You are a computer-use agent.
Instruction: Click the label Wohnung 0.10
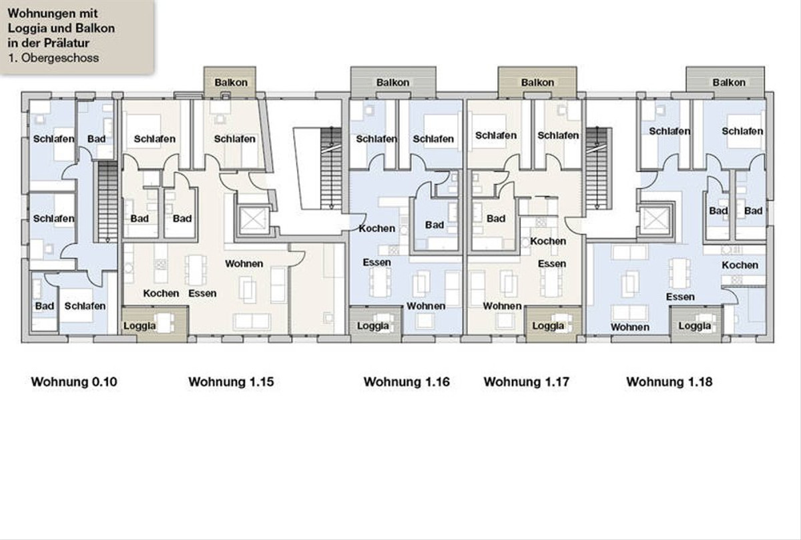74,382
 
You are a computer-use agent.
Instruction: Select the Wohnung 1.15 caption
232,382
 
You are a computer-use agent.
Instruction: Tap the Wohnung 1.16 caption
407,382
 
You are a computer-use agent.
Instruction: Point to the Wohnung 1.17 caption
527,382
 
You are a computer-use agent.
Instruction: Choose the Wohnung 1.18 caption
670,382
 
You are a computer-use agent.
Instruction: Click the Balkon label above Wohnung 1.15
231,83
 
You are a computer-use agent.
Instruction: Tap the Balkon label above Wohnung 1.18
729,83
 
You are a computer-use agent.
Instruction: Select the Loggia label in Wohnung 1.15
140,326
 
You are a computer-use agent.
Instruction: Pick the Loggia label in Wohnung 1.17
548,326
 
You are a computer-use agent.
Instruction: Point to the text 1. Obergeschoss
53,58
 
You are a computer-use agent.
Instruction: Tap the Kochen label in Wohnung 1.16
377,229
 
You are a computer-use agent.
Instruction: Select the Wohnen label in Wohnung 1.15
244,264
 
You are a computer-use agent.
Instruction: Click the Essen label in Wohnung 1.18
680,297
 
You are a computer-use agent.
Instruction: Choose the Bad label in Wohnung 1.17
496,219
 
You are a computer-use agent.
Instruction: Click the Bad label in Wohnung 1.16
435,225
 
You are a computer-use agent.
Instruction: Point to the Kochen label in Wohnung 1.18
740,265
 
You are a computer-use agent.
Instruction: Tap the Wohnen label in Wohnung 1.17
502,306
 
